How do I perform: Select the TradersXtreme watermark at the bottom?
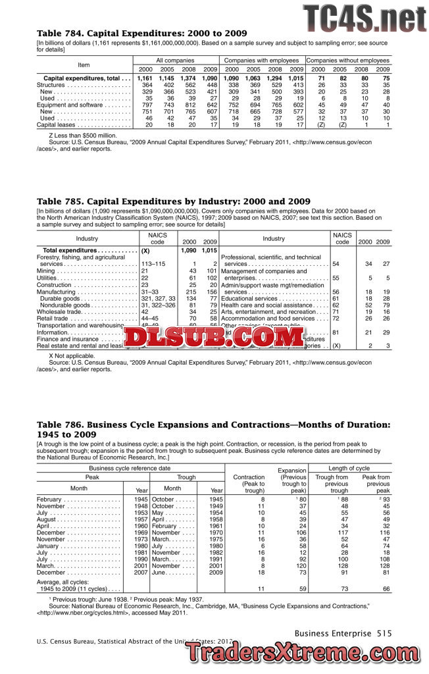(x=307, y=652)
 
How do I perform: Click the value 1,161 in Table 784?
(x=145, y=78)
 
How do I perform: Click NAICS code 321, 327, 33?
(x=159, y=299)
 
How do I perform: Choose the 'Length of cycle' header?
(x=353, y=468)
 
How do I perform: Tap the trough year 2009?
(x=216, y=573)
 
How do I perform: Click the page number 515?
(x=384, y=633)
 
